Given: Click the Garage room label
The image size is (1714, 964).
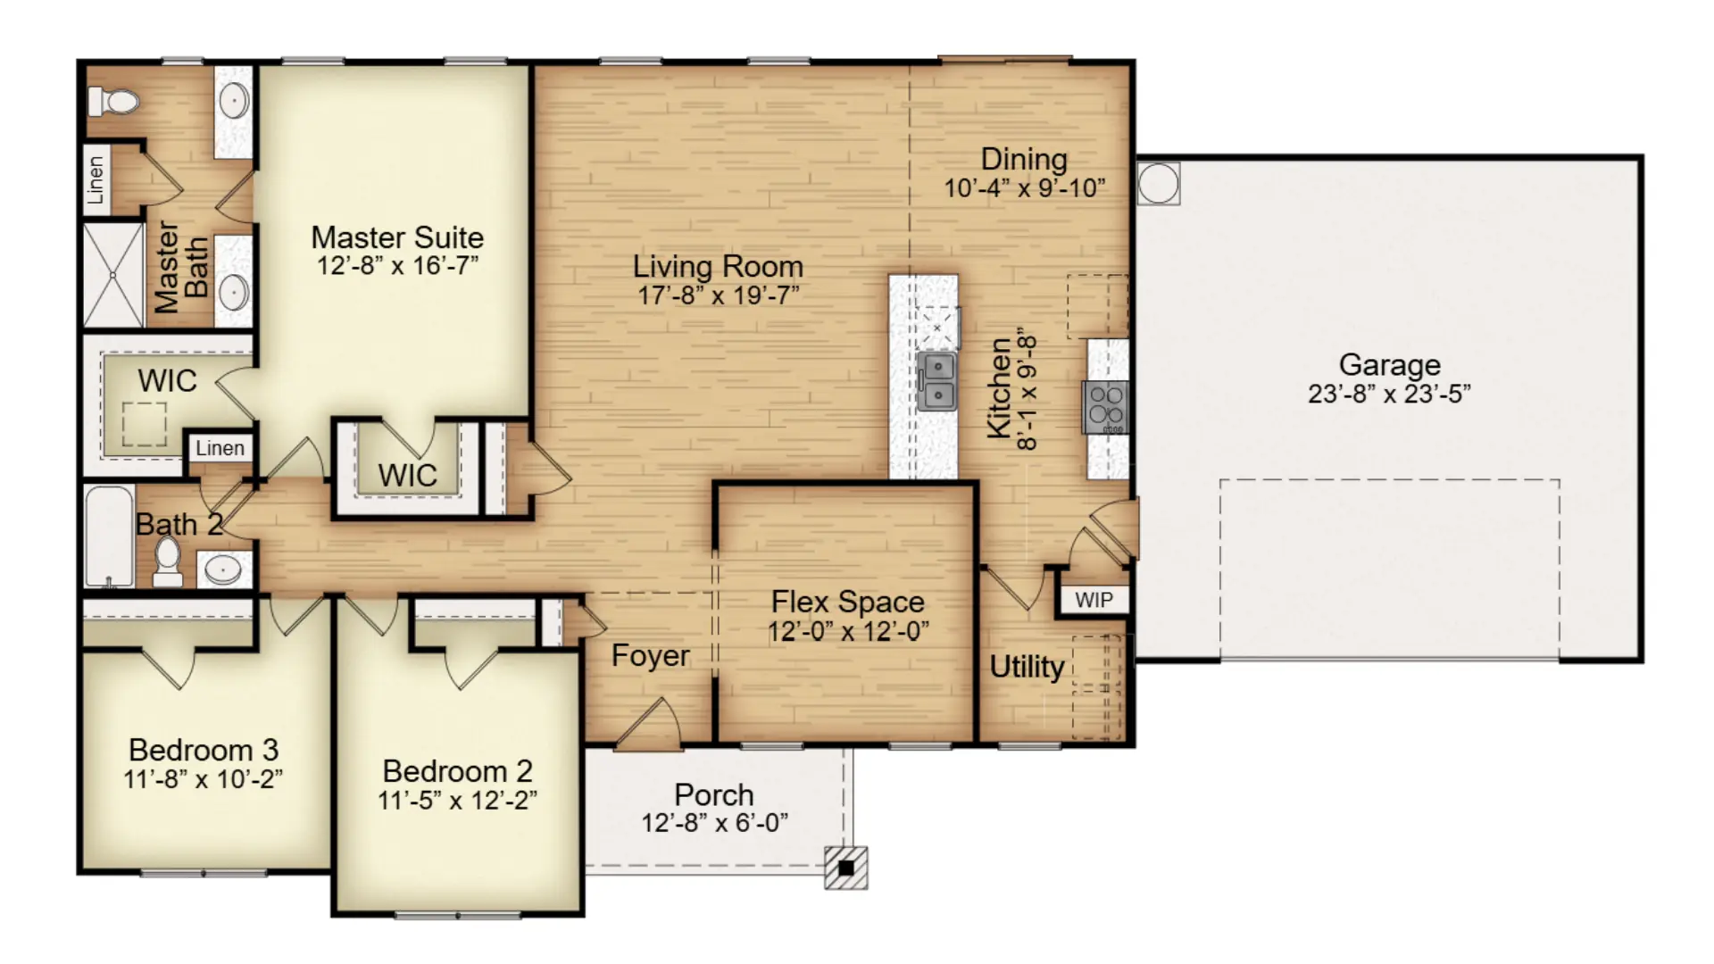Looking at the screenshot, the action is click(x=1389, y=364).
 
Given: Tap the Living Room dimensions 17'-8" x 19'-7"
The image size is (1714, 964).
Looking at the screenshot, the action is click(x=718, y=295).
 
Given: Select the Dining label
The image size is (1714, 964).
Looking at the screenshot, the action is click(x=1024, y=159).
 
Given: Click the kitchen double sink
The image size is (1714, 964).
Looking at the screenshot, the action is click(x=937, y=381).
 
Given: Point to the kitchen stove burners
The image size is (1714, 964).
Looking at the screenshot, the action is click(x=1106, y=407).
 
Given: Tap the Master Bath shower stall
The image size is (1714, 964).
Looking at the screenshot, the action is click(x=113, y=275).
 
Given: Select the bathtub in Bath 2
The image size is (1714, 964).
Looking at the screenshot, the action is click(x=109, y=536).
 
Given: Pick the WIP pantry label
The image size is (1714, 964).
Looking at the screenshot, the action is click(x=1094, y=600).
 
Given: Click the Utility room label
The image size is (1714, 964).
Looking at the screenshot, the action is click(x=1027, y=668).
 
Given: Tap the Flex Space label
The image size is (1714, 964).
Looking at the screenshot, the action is click(x=847, y=602).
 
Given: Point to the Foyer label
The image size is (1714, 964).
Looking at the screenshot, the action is click(x=650, y=656).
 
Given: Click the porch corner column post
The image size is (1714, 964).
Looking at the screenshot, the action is click(x=845, y=868).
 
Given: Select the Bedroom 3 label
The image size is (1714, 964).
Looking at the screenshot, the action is click(x=203, y=750).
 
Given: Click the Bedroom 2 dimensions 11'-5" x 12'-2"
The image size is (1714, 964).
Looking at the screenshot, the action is click(x=457, y=801).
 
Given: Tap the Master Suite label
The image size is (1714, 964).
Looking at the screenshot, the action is click(x=397, y=237).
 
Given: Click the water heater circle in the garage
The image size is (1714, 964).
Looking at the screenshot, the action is click(x=1158, y=183).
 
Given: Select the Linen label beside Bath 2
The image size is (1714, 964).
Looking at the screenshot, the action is click(x=220, y=448).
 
